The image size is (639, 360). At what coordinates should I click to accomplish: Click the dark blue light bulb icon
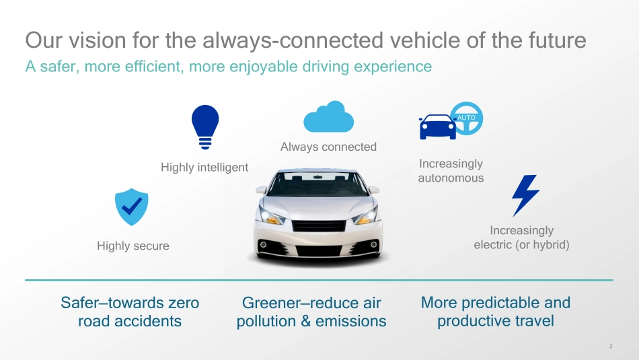coord(205,127)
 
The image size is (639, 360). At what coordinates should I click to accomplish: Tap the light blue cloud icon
coord(328,116)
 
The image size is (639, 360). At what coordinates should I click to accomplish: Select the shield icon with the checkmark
coord(131,207)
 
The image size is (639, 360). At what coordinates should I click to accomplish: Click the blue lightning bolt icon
coord(526,196)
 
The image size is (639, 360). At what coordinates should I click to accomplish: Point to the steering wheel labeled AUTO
coord(467,118)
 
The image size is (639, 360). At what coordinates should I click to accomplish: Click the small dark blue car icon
coord(438,127)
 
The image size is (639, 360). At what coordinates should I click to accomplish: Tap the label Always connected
coord(328,147)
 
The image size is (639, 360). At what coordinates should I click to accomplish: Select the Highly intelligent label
coord(204,167)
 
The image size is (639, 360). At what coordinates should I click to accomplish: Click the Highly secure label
coord(133,246)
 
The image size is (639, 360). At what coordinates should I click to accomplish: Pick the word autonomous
coord(451,178)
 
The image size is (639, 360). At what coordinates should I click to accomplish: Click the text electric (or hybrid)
coord(521,245)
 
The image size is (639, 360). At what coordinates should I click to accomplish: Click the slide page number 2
coord(611,346)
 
